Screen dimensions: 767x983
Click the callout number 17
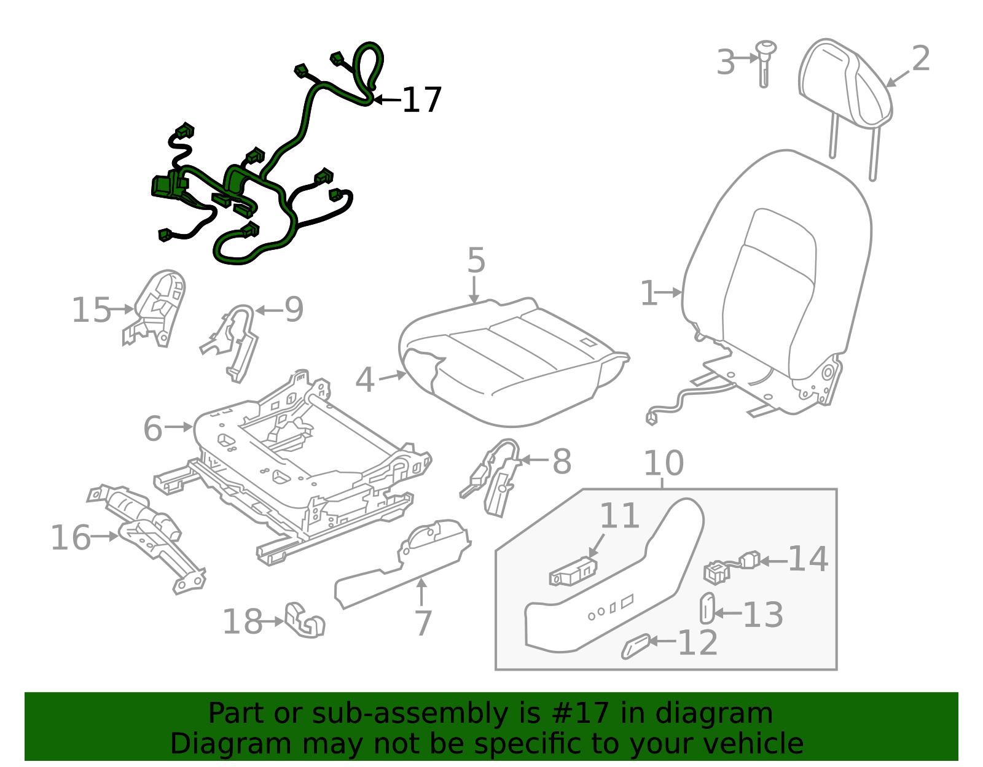point(421,100)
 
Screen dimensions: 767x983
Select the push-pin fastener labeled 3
point(765,61)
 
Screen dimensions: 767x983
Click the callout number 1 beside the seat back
point(649,293)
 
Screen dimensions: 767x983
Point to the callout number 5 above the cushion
point(476,260)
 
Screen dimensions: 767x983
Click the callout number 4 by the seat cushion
point(365,380)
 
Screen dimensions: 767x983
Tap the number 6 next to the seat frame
point(153,428)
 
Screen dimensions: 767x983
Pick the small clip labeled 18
point(304,621)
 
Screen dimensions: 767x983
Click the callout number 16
point(71,538)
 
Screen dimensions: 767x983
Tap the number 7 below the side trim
point(423,623)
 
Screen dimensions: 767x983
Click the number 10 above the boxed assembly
point(664,464)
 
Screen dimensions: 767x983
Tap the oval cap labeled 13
point(707,608)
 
